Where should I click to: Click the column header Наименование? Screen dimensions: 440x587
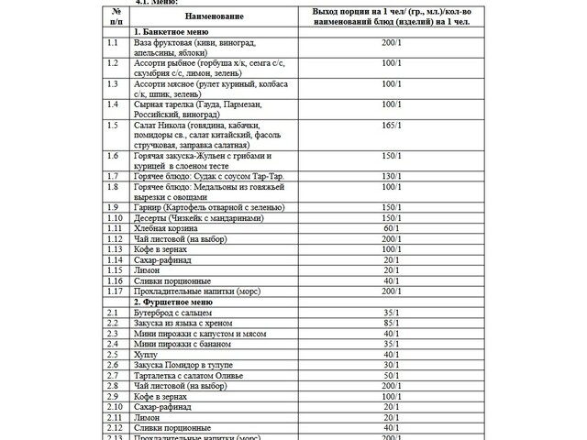[x=209, y=17]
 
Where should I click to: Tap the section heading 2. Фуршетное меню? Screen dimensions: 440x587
[x=173, y=301]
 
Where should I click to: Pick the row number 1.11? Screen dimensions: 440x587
[x=115, y=228]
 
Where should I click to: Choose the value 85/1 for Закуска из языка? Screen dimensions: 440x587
[x=392, y=323]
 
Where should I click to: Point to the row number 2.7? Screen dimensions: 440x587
[x=113, y=376]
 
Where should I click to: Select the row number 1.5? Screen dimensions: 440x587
[x=113, y=126]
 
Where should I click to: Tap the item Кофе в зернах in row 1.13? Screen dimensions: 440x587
[x=161, y=249]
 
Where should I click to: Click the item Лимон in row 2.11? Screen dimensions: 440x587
[x=147, y=417]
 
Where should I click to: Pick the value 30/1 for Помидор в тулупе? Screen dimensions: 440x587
[x=392, y=365]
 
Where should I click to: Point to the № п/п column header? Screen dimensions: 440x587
[x=116, y=17]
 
